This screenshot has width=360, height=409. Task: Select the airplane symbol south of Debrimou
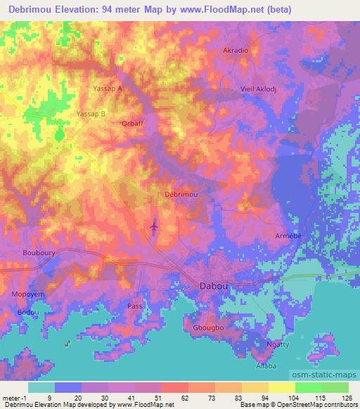click(x=155, y=226)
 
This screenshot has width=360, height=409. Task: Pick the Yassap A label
click(x=108, y=89)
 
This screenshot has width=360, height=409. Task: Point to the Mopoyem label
click(x=27, y=295)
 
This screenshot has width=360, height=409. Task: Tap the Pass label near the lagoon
click(x=135, y=306)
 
